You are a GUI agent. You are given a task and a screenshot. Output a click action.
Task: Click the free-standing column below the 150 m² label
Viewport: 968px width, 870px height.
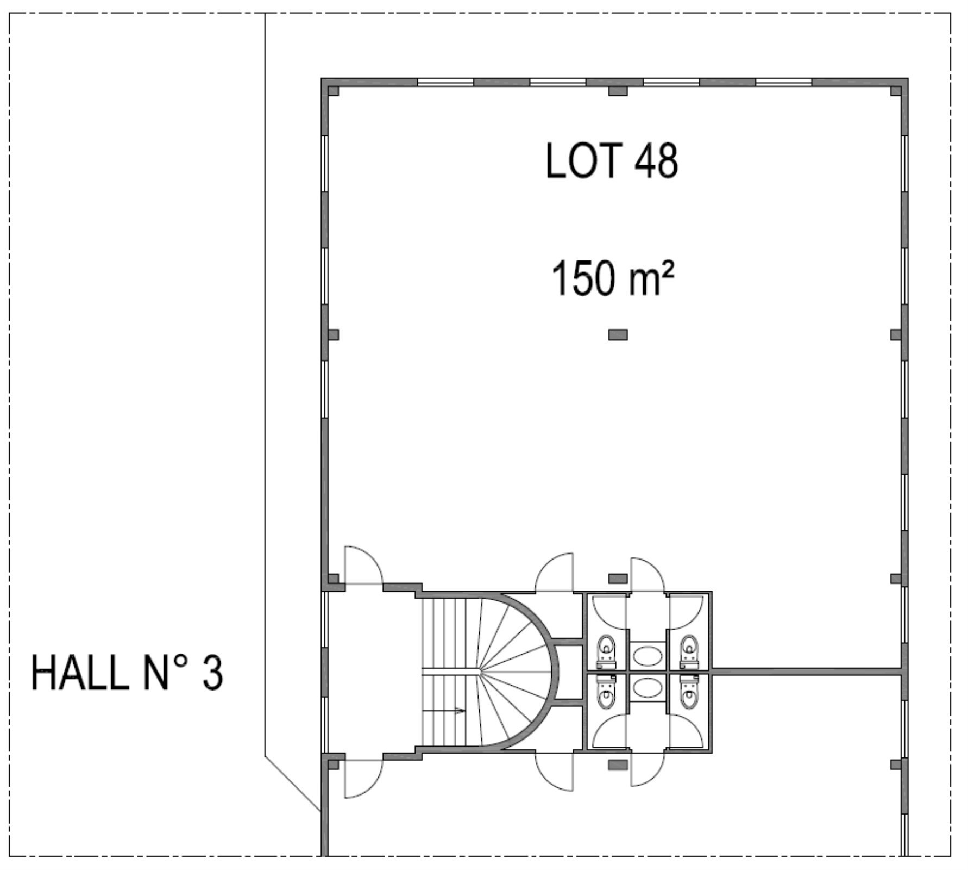618,335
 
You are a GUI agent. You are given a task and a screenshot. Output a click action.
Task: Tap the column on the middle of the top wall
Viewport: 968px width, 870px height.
618,90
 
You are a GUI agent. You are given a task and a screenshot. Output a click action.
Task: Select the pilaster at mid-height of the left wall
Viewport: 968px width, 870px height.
334,335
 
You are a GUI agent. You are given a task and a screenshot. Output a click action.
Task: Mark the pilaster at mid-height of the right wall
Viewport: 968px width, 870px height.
896,335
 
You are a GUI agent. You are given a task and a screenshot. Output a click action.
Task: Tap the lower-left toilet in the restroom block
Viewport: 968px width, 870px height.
606,692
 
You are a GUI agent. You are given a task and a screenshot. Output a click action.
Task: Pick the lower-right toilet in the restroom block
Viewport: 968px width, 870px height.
689,692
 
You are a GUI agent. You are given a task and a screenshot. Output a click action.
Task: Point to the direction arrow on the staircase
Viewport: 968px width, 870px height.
444,711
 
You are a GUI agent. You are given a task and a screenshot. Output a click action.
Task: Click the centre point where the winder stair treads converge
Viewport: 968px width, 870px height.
479,672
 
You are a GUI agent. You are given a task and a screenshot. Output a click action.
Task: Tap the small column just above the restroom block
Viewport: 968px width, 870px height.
618,579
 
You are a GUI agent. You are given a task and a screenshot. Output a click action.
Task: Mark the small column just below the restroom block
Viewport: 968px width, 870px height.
618,765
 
